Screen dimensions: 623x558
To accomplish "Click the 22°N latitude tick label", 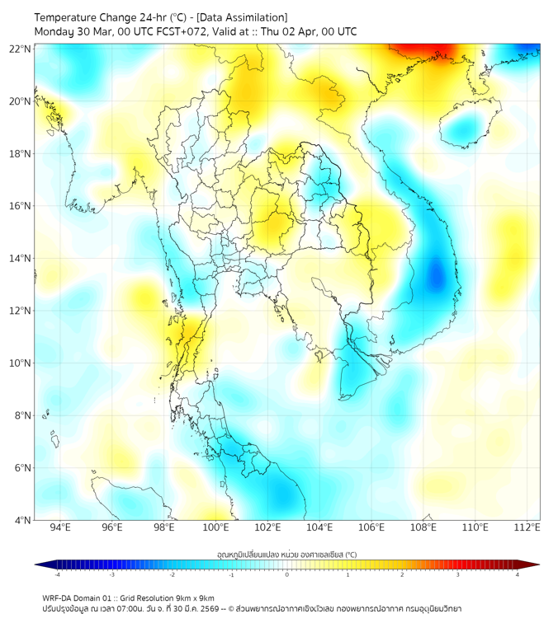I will coord(21,49).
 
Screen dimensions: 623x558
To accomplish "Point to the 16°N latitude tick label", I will coord(21,206).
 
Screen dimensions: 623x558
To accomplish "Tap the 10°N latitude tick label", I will coord(21,363).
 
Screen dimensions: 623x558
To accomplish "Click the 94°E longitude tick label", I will coord(60,527).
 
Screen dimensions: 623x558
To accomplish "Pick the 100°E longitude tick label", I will coord(216,527).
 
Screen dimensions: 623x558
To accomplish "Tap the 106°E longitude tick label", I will coord(372,527).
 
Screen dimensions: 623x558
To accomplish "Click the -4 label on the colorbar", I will coord(56,575).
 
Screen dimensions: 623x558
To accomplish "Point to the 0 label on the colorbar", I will coord(287,575).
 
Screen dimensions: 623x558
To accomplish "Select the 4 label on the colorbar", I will coord(518,575).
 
